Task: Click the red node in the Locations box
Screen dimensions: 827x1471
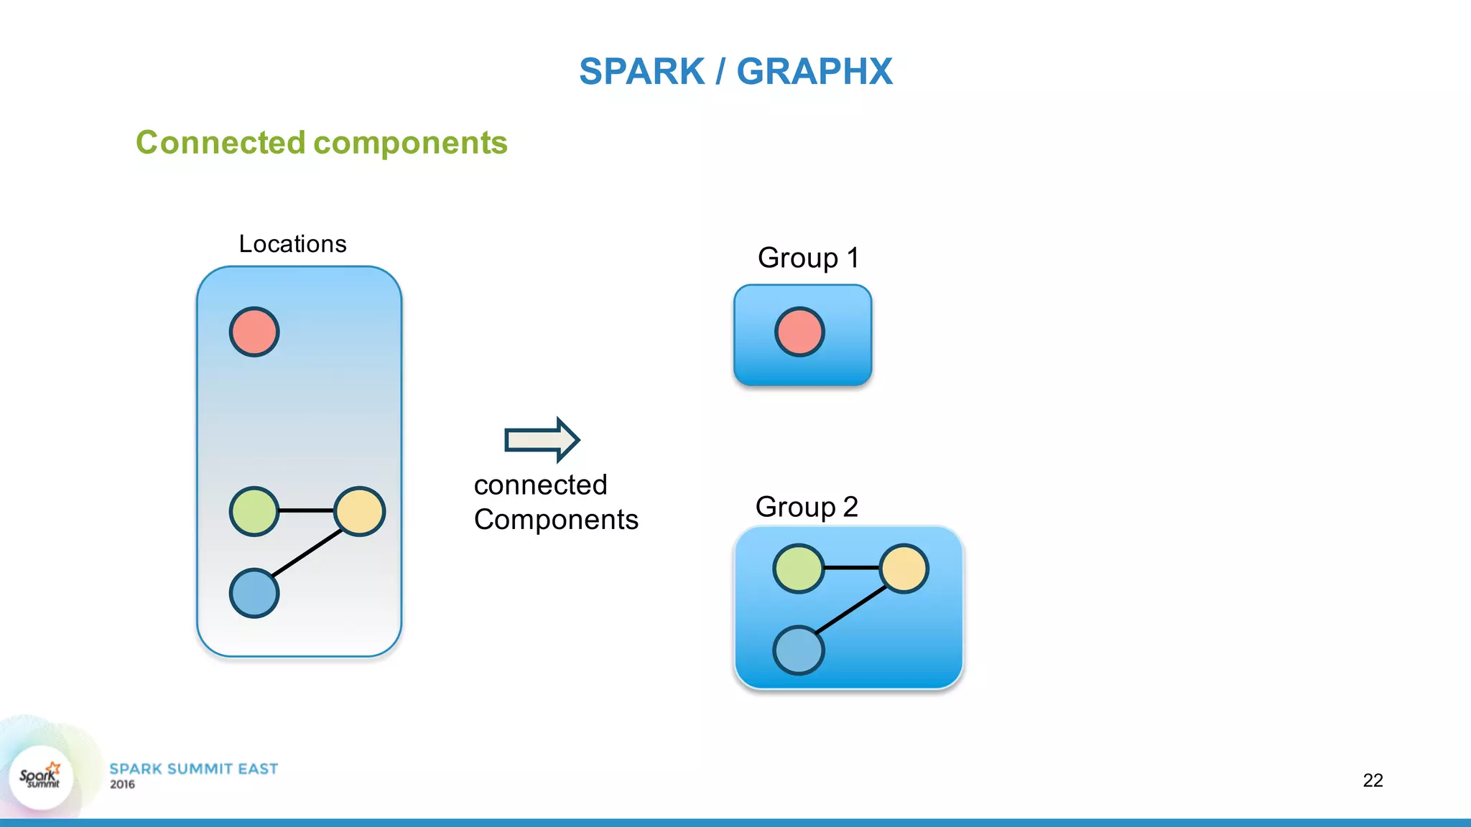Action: click(x=254, y=332)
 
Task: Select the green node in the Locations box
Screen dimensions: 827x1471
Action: click(x=254, y=511)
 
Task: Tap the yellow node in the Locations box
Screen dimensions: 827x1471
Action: click(x=359, y=511)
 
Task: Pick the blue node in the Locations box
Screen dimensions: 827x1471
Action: click(x=254, y=593)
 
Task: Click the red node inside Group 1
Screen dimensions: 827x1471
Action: click(x=799, y=332)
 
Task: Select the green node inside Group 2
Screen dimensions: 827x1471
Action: click(x=798, y=569)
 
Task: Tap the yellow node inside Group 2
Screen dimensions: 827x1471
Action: click(x=904, y=569)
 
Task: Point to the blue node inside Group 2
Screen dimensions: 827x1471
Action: click(x=798, y=650)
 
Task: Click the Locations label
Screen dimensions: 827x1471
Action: click(x=292, y=244)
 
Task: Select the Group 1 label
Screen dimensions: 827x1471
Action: click(x=808, y=258)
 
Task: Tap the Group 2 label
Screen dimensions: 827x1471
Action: click(x=807, y=507)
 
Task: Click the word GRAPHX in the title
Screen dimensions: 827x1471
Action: click(x=814, y=72)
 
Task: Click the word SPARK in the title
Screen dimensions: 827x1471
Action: click(x=641, y=72)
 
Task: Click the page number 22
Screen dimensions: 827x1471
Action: click(x=1373, y=780)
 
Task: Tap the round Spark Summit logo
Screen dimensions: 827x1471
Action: click(x=40, y=777)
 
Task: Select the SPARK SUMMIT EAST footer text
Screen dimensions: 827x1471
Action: click(x=193, y=769)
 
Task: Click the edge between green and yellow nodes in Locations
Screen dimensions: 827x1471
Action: click(x=306, y=510)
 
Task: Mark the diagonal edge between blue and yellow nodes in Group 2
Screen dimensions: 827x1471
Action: click(x=851, y=610)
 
